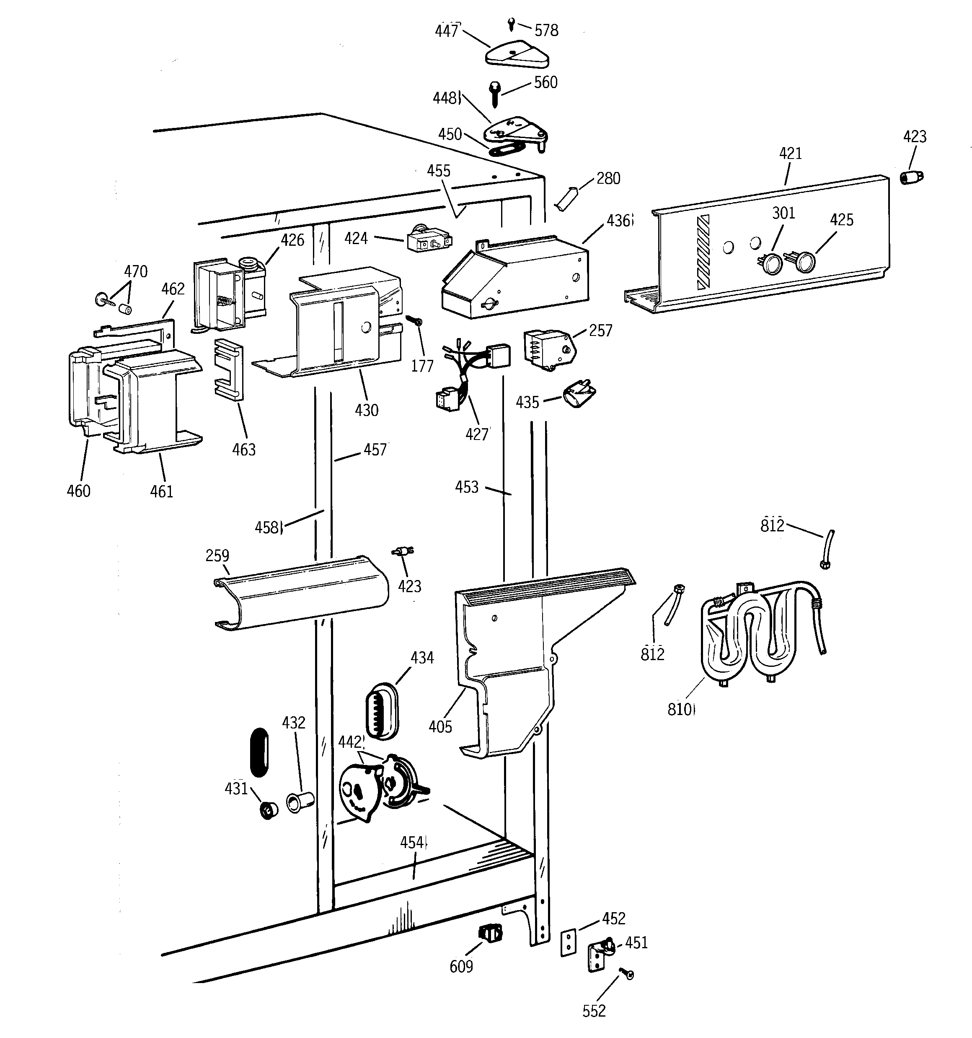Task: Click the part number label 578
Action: coord(546,31)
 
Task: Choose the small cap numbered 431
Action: coord(269,810)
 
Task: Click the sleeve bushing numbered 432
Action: coord(299,803)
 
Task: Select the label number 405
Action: coord(440,727)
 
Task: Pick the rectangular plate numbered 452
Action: coord(568,942)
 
